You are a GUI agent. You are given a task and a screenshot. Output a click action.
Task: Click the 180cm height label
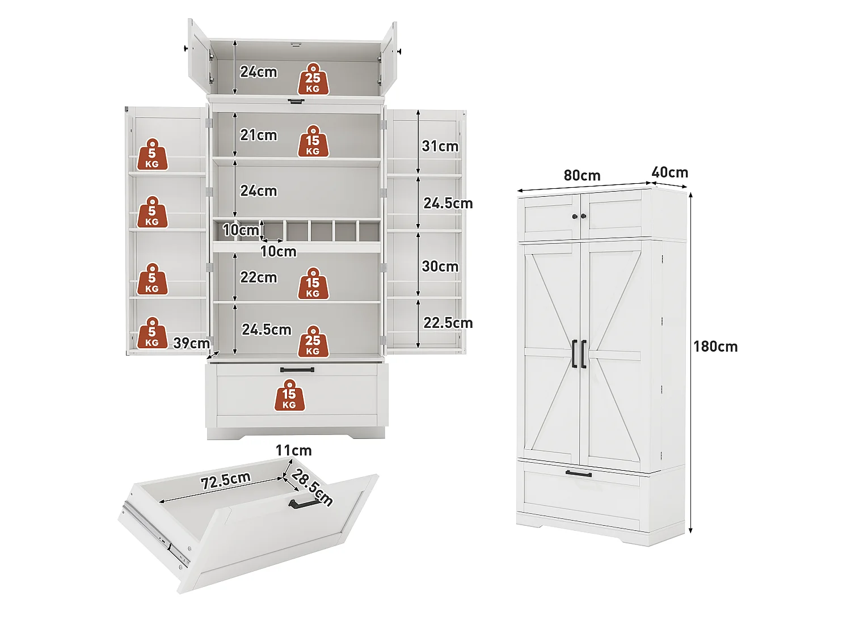click(x=715, y=347)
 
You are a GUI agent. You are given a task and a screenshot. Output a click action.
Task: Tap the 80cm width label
click(x=582, y=175)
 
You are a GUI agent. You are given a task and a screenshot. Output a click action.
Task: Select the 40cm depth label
click(x=669, y=172)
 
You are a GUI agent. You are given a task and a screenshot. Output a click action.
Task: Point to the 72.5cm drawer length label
click(x=225, y=481)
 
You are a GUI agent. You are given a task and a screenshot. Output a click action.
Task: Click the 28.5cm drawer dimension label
click(x=311, y=487)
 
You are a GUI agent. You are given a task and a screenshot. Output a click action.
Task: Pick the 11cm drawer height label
click(x=293, y=450)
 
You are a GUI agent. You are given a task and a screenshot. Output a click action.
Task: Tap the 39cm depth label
click(x=192, y=343)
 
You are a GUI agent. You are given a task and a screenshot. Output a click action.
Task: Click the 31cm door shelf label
click(x=440, y=146)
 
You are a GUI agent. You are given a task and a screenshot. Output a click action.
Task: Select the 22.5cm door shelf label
click(x=448, y=323)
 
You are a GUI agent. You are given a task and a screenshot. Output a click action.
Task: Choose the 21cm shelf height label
click(x=259, y=135)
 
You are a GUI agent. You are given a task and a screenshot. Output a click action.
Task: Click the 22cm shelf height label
click(x=259, y=277)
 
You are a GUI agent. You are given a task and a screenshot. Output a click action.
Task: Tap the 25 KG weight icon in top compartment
click(x=313, y=79)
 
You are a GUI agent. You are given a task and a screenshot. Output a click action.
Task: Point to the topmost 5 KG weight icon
click(x=153, y=154)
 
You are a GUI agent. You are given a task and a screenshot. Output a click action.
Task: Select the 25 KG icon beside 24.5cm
click(x=313, y=341)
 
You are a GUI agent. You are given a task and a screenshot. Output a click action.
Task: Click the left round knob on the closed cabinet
click(x=575, y=216)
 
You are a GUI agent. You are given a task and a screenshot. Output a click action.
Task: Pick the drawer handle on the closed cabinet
click(x=579, y=474)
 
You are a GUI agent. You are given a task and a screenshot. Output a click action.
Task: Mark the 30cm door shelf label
click(x=440, y=266)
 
